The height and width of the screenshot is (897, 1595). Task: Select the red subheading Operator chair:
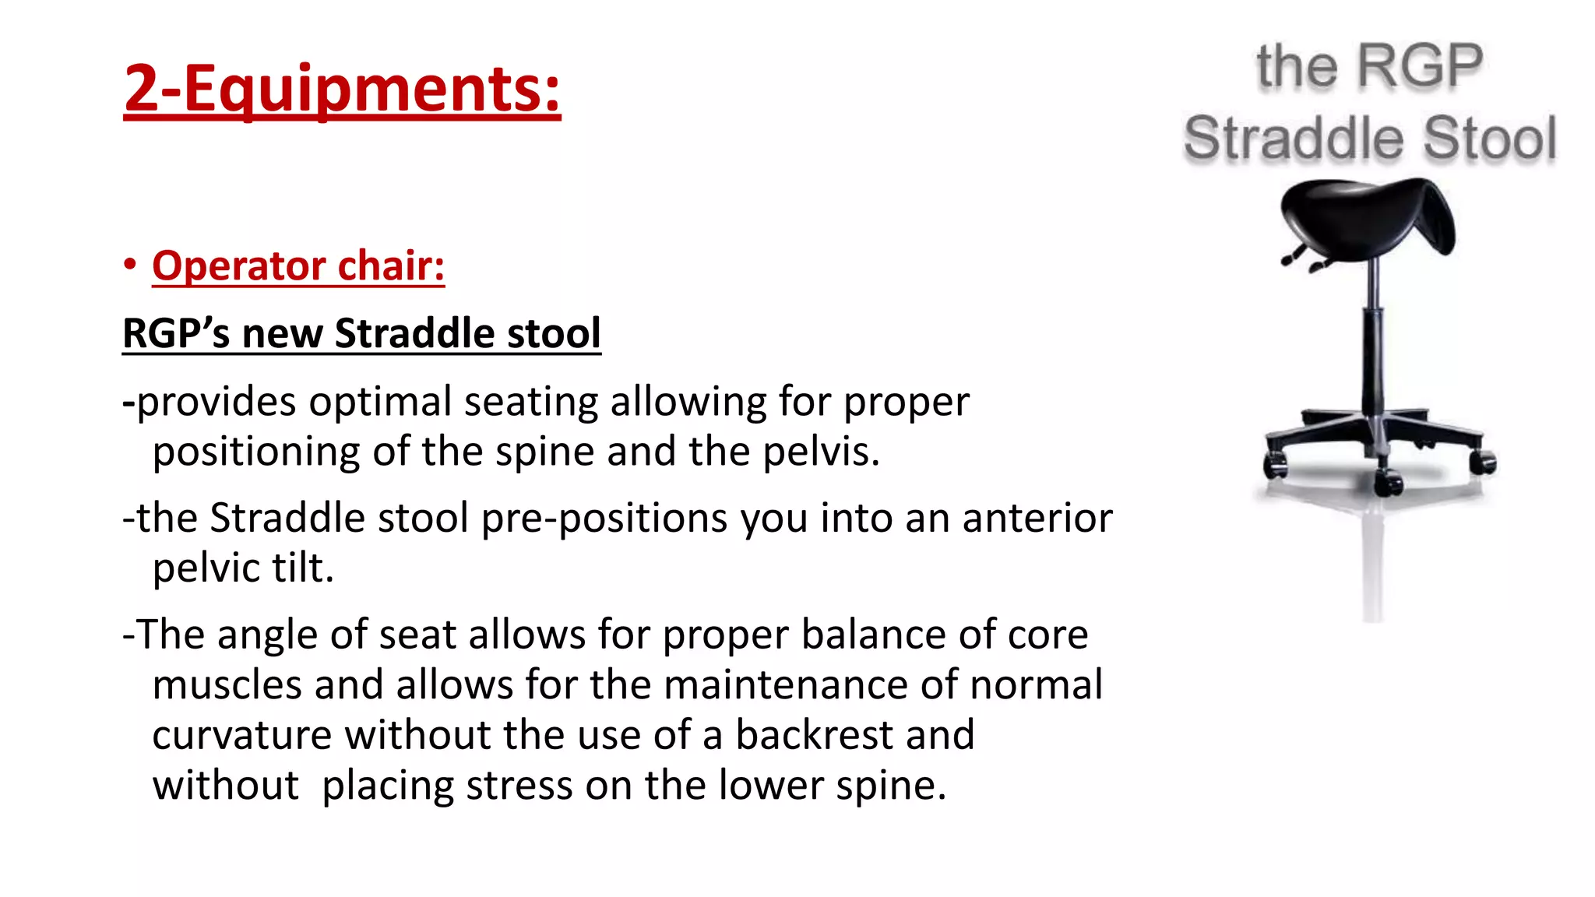(x=298, y=266)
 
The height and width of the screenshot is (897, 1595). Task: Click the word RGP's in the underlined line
(x=176, y=333)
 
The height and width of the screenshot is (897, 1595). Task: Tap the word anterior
(x=1037, y=518)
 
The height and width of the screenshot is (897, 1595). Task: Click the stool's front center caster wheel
(x=1387, y=483)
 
